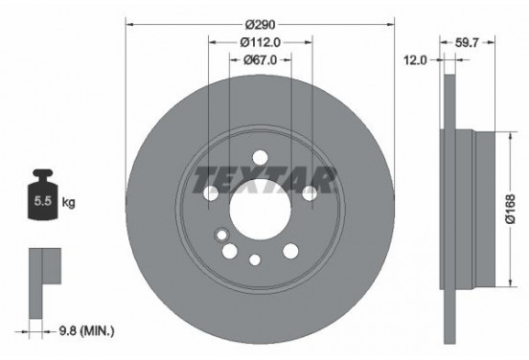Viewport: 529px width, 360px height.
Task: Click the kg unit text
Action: pos(68,203)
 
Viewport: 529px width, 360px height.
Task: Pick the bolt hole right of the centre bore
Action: pos(309,194)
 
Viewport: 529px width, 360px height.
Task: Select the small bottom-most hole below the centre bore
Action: pos(254,259)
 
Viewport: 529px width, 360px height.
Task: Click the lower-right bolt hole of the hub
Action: pos(290,250)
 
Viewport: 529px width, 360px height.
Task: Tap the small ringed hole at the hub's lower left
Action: pos(222,234)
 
